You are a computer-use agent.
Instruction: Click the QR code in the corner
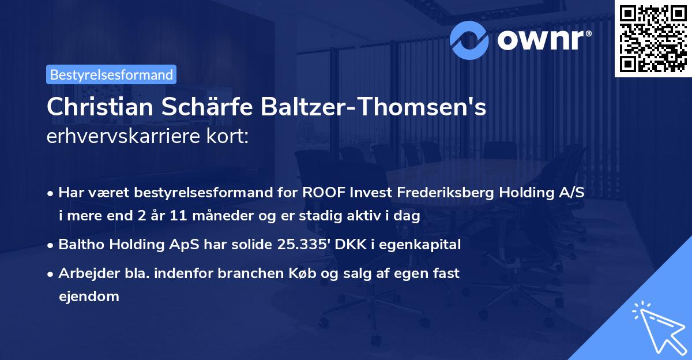[653, 39]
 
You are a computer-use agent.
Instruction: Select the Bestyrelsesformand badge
[111, 74]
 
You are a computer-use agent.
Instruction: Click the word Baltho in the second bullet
[79, 245]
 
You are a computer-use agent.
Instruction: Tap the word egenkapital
[426, 245]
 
